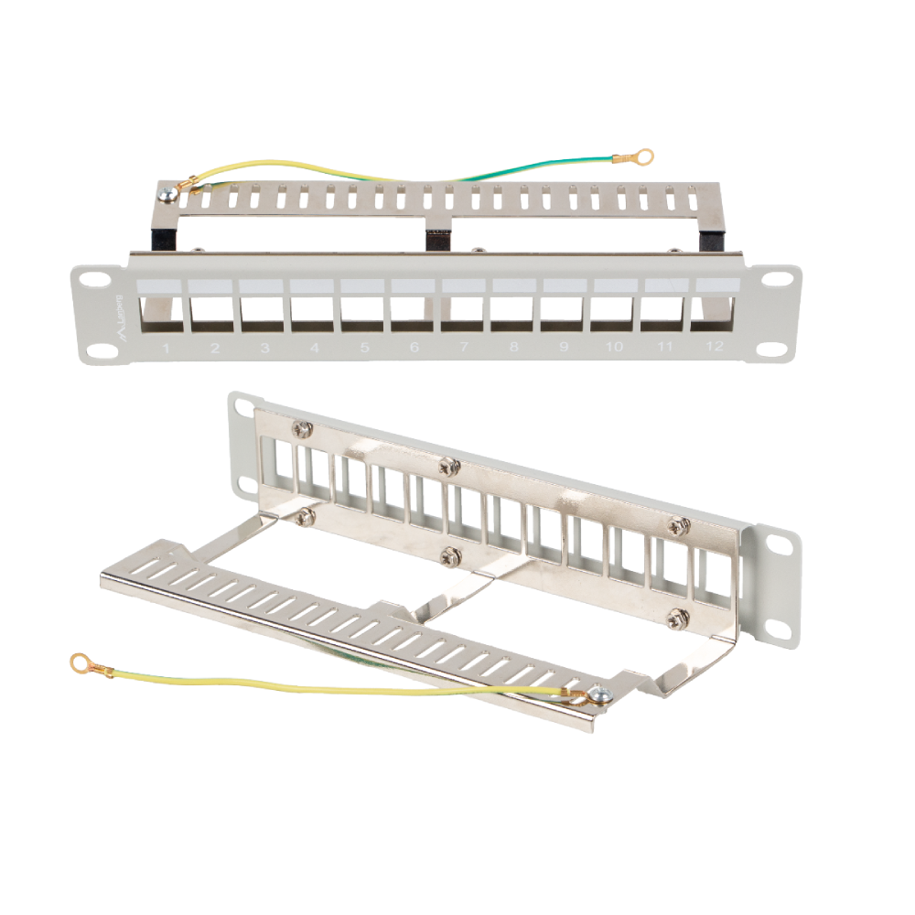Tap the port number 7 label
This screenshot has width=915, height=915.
tap(464, 348)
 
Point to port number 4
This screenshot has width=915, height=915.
tap(315, 348)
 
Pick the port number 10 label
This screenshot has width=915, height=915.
tap(613, 348)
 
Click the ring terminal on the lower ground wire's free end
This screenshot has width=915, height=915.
tap(83, 661)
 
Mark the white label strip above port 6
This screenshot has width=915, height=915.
tap(414, 285)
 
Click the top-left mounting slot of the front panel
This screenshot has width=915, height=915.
tap(88, 278)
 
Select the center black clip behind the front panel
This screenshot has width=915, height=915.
tap(439, 240)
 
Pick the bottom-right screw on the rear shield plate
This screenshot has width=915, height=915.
tap(678, 616)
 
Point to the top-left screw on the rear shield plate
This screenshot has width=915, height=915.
tap(301, 428)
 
